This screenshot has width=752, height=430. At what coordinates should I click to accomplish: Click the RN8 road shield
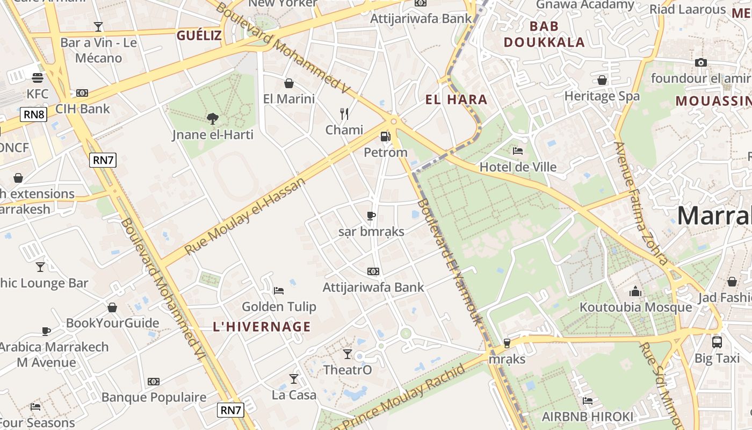(x=34, y=114)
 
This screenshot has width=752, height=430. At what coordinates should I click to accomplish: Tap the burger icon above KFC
(x=37, y=77)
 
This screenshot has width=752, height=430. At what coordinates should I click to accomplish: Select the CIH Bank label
(x=82, y=109)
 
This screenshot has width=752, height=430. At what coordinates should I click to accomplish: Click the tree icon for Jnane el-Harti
(x=213, y=118)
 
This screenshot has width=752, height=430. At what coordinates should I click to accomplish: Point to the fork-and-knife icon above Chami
(x=344, y=113)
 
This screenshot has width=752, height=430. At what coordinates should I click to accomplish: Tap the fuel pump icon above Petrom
(x=385, y=137)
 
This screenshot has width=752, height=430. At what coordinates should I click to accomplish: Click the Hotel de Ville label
(x=518, y=167)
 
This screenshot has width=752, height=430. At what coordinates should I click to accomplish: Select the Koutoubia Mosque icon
(x=635, y=291)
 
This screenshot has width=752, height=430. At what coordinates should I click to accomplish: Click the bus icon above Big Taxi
(x=717, y=342)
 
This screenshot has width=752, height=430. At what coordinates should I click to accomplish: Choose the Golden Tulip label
(x=279, y=307)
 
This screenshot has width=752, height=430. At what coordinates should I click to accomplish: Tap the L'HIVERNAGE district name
(x=262, y=327)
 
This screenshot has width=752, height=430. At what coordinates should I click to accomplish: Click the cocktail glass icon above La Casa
(x=293, y=379)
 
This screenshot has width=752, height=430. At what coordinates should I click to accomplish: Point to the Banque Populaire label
(x=154, y=397)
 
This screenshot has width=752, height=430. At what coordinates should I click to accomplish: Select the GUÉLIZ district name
(x=199, y=35)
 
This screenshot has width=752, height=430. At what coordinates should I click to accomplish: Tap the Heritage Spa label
(x=602, y=96)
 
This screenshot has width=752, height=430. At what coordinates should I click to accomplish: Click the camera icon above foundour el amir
(x=700, y=62)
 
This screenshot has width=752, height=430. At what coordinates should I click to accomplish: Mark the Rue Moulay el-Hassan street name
(x=245, y=216)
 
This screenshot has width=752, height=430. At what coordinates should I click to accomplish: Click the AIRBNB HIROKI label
(x=588, y=417)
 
